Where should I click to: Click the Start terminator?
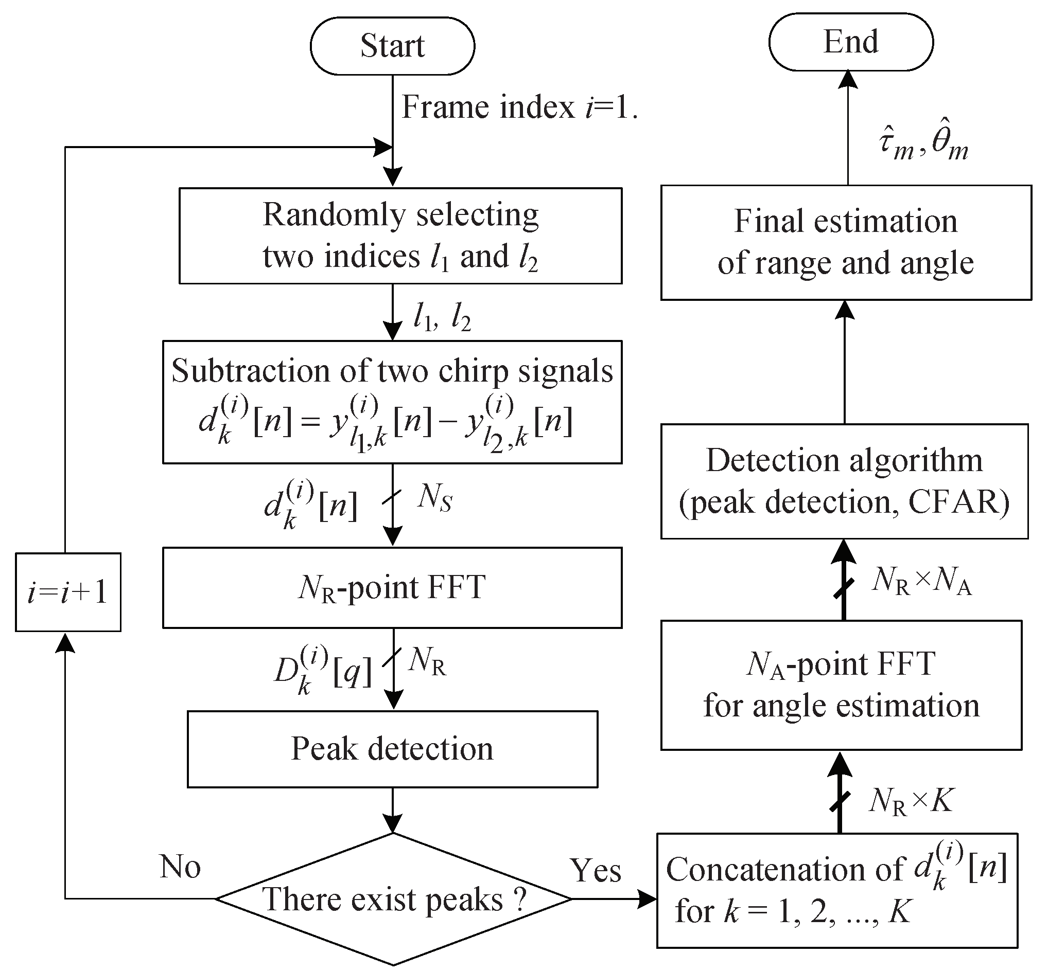[x=392, y=46]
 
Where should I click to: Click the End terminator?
[x=851, y=42]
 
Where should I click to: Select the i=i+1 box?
[x=68, y=592]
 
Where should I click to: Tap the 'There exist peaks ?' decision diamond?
[x=393, y=899]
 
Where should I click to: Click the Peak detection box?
[x=392, y=749]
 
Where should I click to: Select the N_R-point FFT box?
[x=392, y=587]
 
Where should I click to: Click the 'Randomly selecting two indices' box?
[x=400, y=236]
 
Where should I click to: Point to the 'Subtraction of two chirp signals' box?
[x=392, y=402]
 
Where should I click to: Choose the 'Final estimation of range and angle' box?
[x=846, y=242]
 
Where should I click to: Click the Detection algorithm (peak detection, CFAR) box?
[x=844, y=481]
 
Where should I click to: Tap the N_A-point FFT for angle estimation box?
[x=841, y=685]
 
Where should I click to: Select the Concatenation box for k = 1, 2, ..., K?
[x=837, y=890]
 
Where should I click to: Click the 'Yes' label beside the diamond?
[x=596, y=871]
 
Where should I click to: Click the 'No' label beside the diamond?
[x=180, y=867]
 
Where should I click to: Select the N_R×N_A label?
[x=921, y=582]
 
